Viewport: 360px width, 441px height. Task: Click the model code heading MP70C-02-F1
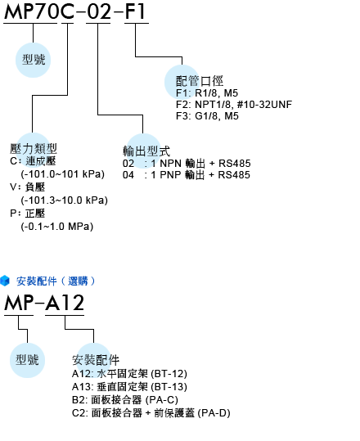click(75, 11)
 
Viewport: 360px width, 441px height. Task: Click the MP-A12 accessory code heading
click(44, 303)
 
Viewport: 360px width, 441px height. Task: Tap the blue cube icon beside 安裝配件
click(5, 281)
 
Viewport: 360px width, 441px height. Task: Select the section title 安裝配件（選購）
click(56, 281)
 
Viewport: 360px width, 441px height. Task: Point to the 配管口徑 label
click(200, 81)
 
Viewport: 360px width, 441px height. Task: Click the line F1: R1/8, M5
click(207, 93)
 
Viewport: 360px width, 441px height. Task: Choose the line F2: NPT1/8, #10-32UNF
click(234, 105)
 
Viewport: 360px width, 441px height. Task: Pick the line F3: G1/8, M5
click(207, 116)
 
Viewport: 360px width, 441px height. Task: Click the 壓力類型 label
click(34, 149)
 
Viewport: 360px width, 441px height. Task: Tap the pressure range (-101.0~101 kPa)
click(63, 174)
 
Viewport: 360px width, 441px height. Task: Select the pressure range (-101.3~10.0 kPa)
click(65, 200)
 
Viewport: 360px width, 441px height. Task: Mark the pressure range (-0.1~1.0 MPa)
click(57, 227)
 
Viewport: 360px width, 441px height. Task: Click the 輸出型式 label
click(146, 151)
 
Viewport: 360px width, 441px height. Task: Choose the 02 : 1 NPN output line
click(187, 164)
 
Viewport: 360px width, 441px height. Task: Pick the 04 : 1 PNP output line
click(187, 175)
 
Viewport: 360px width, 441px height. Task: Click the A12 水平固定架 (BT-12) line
click(129, 374)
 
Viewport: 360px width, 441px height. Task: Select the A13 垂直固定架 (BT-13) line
click(129, 387)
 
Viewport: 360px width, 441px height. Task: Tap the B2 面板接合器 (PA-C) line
click(125, 400)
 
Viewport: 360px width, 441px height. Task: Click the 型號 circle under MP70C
click(34, 60)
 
